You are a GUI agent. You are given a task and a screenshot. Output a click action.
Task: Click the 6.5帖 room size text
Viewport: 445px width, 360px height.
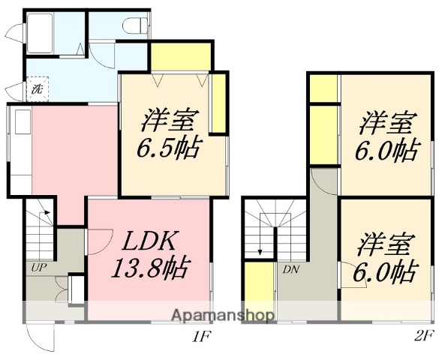click(x=167, y=148)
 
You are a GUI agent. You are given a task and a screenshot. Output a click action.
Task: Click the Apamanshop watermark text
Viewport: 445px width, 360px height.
click(x=224, y=316)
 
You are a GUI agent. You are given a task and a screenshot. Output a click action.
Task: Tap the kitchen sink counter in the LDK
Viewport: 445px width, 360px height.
click(x=20, y=146)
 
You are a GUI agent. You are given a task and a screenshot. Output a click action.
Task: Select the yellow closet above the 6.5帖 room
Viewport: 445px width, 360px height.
click(x=179, y=57)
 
